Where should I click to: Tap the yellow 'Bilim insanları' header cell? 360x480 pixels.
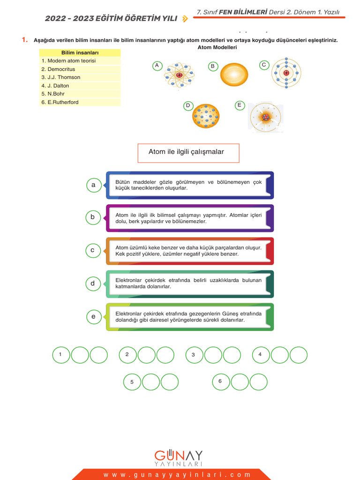point(80,52)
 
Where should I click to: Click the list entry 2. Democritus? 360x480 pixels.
point(61,69)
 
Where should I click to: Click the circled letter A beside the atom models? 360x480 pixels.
point(157,66)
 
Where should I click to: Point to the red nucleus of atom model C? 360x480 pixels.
point(286,73)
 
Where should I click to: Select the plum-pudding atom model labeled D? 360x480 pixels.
point(206,116)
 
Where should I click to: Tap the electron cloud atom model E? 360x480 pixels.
point(266,117)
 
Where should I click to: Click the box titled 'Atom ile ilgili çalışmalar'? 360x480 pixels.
point(188,153)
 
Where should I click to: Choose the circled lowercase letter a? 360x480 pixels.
point(93,185)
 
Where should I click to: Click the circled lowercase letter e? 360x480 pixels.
point(93,317)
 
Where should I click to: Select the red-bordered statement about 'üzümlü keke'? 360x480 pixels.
point(190,251)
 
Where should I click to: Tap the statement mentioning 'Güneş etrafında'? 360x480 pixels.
point(190,317)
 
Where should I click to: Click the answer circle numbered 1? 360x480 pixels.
point(61,355)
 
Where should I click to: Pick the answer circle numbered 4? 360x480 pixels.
point(261,355)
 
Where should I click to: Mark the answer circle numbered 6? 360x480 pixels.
point(221,382)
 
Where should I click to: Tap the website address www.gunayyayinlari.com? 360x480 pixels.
point(177,475)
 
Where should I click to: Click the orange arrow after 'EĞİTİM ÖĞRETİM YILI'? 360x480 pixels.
point(185,19)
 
